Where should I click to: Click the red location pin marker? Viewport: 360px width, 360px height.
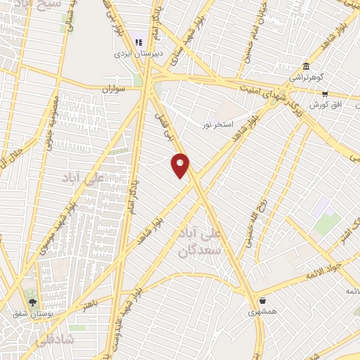tap(181, 165)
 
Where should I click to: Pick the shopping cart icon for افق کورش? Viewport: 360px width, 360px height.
tap(325, 94)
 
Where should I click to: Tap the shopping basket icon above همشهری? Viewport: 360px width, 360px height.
tap(252, 300)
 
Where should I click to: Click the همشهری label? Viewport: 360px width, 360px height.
tap(262, 310)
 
